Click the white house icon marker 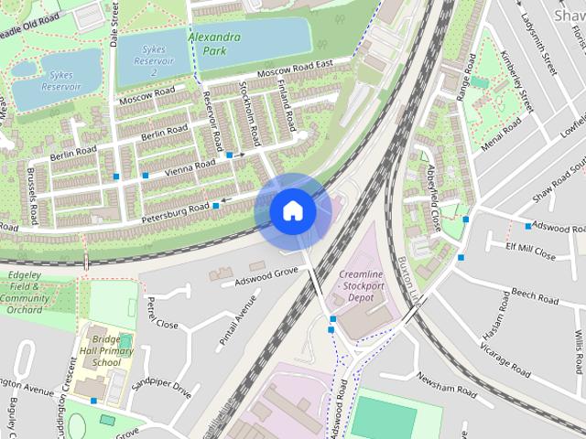click(x=292, y=211)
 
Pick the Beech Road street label click(x=536, y=297)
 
